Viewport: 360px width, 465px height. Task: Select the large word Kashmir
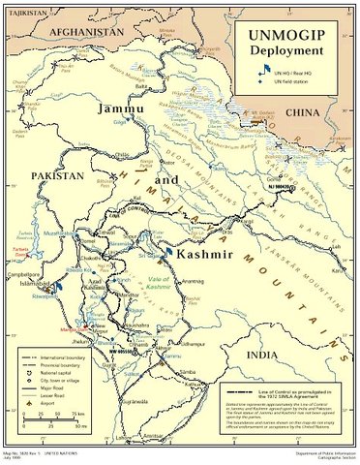pos(201,254)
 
